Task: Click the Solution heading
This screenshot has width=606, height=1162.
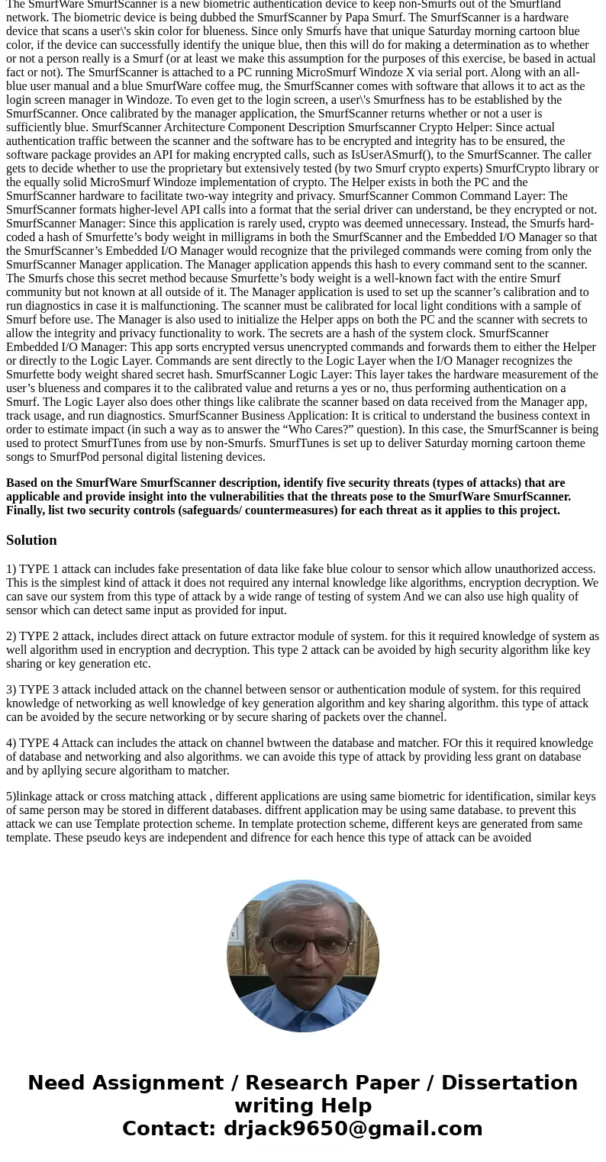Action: (31, 540)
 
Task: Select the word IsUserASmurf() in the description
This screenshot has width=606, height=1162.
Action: (387, 155)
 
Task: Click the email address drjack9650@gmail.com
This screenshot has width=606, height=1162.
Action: (353, 1129)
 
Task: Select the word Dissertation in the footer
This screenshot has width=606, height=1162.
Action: (509, 1083)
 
